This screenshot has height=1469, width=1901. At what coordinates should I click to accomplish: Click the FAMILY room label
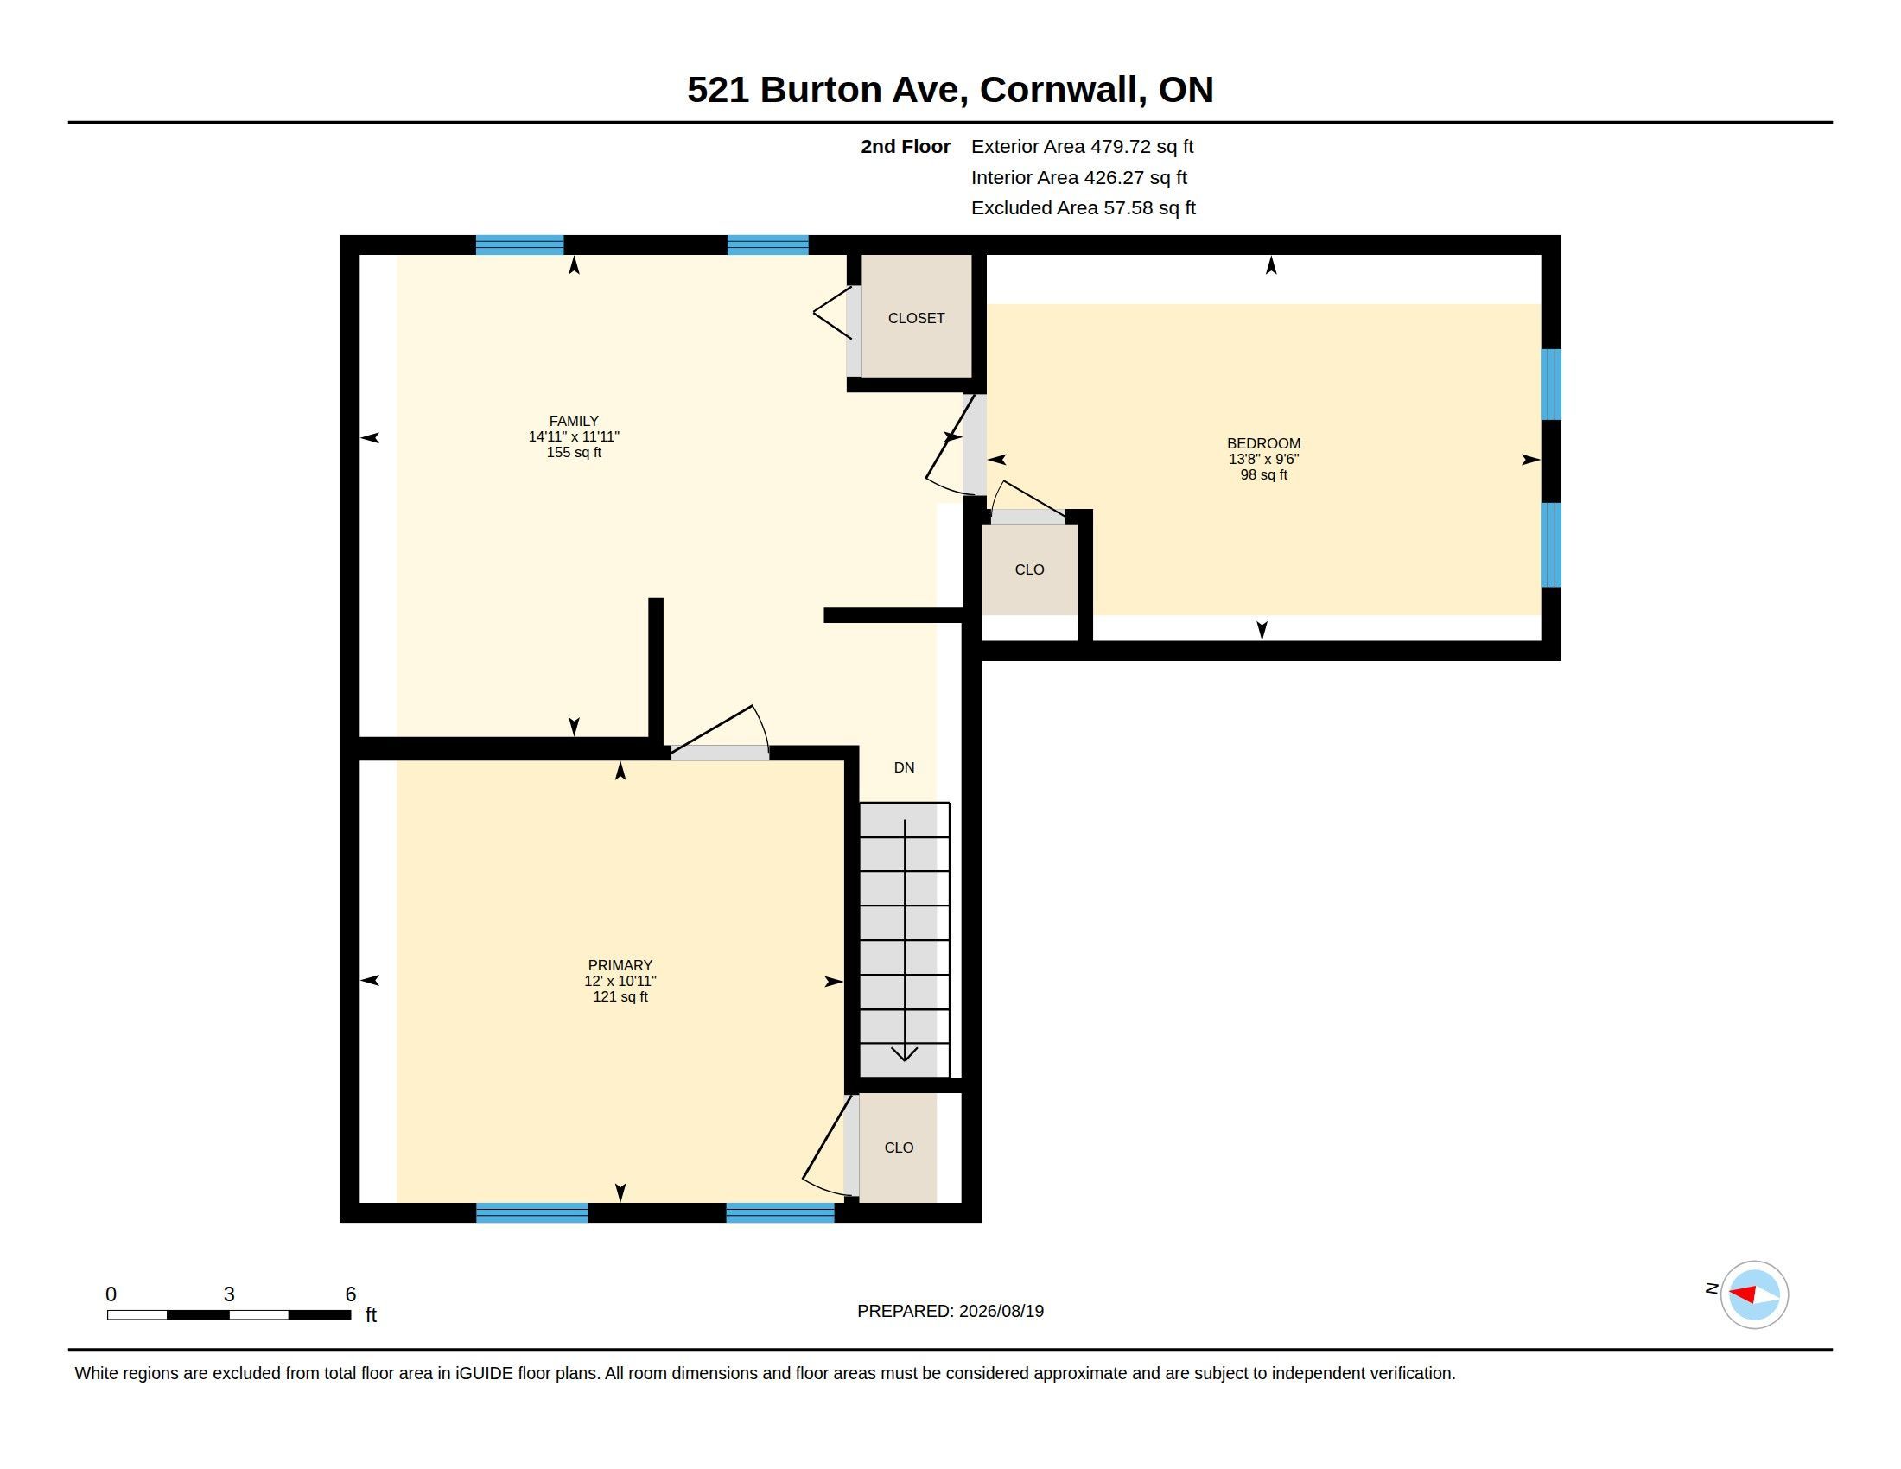574,421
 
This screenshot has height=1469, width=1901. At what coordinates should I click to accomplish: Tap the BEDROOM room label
1264,444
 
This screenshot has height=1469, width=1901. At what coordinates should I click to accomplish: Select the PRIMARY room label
620,965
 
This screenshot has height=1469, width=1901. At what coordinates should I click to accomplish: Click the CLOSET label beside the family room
917,319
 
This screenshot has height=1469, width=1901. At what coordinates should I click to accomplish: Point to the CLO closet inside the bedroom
1030,570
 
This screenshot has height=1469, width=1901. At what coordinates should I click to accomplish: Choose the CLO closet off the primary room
900,1148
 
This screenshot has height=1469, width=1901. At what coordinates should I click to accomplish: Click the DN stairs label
905,767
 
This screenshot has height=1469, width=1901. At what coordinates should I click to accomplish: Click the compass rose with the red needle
1754,1294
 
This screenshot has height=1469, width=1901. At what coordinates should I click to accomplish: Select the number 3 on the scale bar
229,1294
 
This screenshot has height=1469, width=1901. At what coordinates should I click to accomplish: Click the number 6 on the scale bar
351,1294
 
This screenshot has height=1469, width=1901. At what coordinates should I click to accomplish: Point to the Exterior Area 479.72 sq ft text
1082,147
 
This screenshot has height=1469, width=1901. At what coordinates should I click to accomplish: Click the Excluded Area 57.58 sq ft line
1084,208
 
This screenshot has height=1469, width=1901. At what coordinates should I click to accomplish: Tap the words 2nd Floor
906,147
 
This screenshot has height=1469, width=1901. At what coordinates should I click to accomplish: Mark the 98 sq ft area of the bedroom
1264,475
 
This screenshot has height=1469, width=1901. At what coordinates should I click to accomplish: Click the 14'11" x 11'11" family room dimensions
574,437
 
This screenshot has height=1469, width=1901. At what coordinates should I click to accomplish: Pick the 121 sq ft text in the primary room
620,996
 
